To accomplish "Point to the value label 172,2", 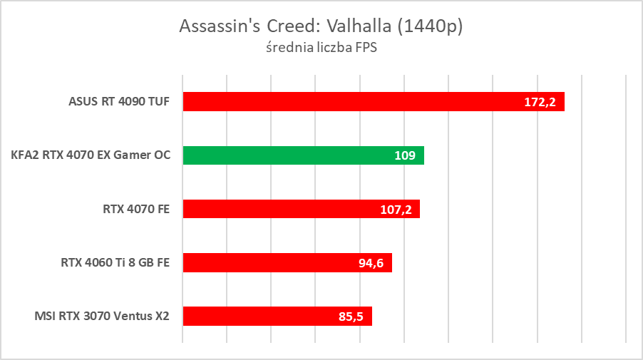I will point(540,102).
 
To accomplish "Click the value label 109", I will point(405,155).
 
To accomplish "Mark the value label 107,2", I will point(396,210).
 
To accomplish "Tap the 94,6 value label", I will point(371,263).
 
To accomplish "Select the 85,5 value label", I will point(351,317).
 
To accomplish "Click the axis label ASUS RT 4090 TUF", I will point(119,101).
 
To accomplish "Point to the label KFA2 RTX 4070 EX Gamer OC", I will point(91,155).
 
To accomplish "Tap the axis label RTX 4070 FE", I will point(136,209).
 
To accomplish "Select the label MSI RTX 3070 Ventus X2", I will point(101,316).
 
